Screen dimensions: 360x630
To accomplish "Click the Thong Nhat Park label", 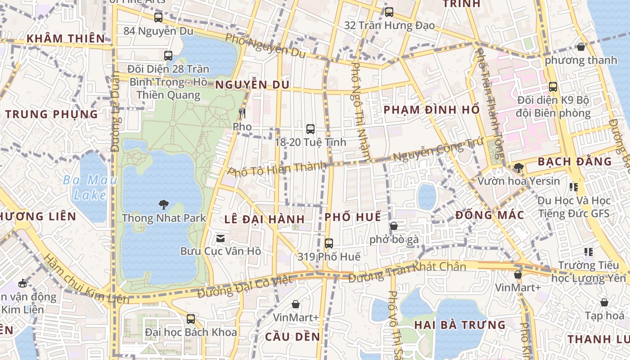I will pos(164,218).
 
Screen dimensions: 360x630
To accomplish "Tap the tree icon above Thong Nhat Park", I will pos(163,205).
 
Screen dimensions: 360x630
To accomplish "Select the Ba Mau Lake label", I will pos(90,188).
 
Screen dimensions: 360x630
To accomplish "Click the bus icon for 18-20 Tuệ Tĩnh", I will pos(310,129).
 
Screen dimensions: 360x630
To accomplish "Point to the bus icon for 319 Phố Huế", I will pos(329,243).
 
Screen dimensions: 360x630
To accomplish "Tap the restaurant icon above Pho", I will pos(242,113).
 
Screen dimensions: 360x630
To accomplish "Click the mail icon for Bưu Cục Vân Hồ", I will pos(220,238).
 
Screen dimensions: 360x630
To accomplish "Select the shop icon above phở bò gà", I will pos(394,226).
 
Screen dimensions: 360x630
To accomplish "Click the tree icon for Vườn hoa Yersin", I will pos(518,168).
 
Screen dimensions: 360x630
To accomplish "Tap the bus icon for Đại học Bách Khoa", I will pos(191,319).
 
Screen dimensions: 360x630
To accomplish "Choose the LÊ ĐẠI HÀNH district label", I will pos(265,220).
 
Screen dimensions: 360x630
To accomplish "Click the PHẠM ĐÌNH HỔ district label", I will pos(431,110).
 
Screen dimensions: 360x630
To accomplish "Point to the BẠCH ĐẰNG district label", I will pos(575,161).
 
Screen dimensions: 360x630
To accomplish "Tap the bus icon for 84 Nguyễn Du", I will pos(158,18).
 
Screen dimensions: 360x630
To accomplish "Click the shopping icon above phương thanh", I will pos(581,47).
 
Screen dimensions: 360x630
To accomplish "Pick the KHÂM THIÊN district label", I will pos(66,39).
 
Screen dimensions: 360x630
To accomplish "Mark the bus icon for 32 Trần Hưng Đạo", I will pos(389,12).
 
